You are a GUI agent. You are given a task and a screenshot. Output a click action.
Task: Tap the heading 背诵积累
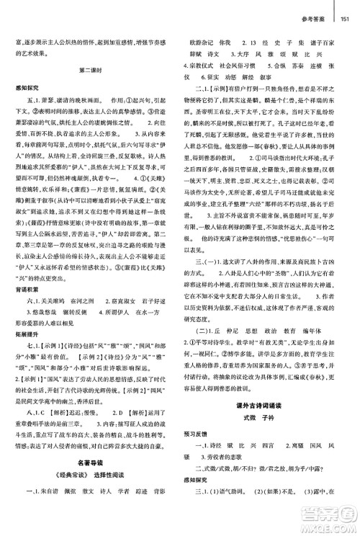(22, 265)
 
